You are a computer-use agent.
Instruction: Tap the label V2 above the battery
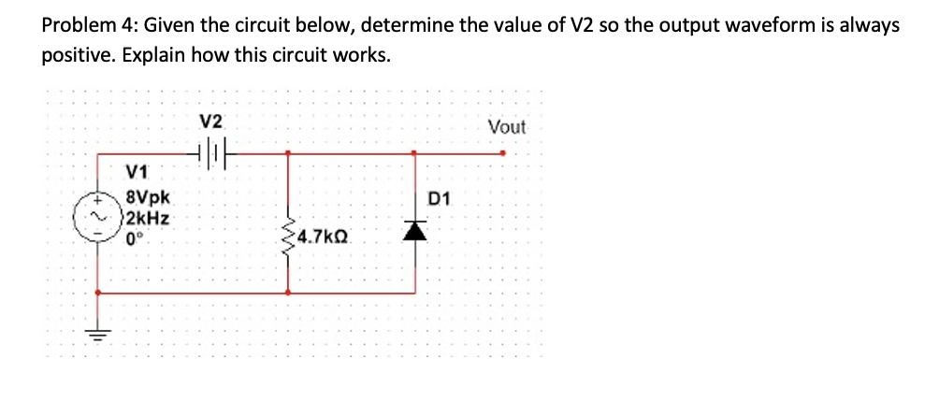tap(212, 122)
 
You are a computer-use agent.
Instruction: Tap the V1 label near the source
tap(137, 173)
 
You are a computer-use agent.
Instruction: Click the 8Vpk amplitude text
tap(147, 198)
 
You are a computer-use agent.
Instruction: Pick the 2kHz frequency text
tap(147, 217)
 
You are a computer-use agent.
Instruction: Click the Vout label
tap(507, 126)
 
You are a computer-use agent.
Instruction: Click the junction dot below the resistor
tap(287, 292)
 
